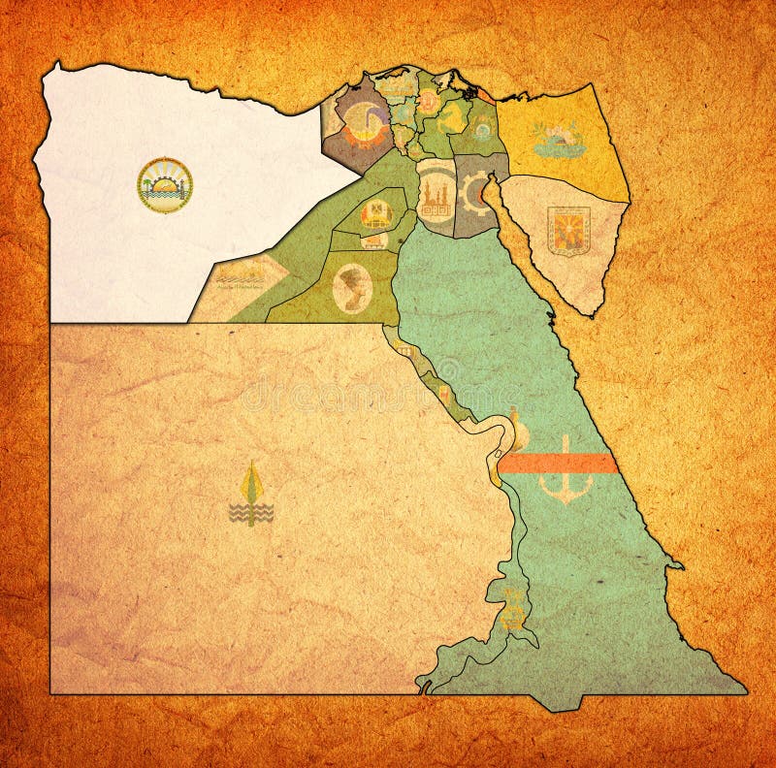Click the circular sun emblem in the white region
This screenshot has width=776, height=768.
coord(165,185)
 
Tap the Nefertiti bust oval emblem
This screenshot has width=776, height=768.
coord(351,287)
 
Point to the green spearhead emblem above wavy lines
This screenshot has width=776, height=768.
coord(251,495)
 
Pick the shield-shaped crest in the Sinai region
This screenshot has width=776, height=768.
coord(568,230)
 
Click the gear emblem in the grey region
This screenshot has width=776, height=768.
coord(475,192)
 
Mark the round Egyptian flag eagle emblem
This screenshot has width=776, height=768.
coord(376,212)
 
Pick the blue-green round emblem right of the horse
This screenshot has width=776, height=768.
coord(481,126)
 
